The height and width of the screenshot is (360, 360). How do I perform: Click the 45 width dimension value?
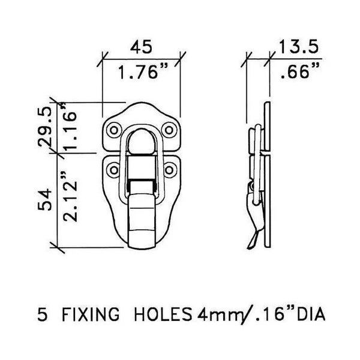click(x=141, y=47)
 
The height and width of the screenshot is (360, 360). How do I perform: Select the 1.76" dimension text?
click(x=143, y=71)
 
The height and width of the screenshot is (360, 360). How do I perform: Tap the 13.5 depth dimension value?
click(x=298, y=47)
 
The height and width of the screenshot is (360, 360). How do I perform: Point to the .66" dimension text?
click(x=299, y=71)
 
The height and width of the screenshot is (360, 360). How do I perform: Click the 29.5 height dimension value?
click(x=45, y=127)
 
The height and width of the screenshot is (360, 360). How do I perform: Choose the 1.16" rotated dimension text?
click(x=70, y=126)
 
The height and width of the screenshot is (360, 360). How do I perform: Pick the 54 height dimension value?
click(x=45, y=199)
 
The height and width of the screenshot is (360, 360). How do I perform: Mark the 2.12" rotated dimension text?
click(x=70, y=196)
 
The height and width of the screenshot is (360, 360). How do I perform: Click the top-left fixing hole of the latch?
click(x=114, y=130)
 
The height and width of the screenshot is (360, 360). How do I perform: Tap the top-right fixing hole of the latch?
click(x=169, y=130)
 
